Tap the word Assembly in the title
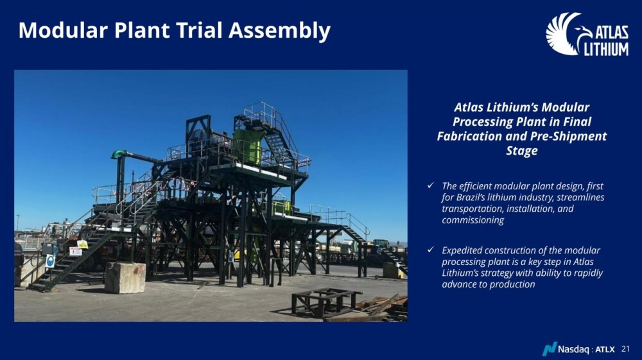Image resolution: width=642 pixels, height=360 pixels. (279, 31)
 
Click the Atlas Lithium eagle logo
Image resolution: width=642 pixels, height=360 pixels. (587, 34)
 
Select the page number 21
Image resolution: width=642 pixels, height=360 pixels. (625, 349)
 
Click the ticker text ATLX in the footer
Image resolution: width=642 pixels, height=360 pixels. (605, 349)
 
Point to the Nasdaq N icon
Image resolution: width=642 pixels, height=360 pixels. (550, 348)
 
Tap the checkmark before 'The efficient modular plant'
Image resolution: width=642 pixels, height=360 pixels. (430, 185)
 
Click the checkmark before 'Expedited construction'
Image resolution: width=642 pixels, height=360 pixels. (430, 249)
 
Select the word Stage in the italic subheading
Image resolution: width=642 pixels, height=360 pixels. (521, 151)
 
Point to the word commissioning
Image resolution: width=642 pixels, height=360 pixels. (473, 220)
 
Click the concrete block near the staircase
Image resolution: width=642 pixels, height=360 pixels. (125, 278)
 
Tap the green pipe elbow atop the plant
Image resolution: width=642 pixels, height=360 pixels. (118, 154)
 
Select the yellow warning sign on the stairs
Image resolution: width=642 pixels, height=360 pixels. (82, 244)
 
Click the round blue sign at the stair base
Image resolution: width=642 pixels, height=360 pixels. (50, 261)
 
